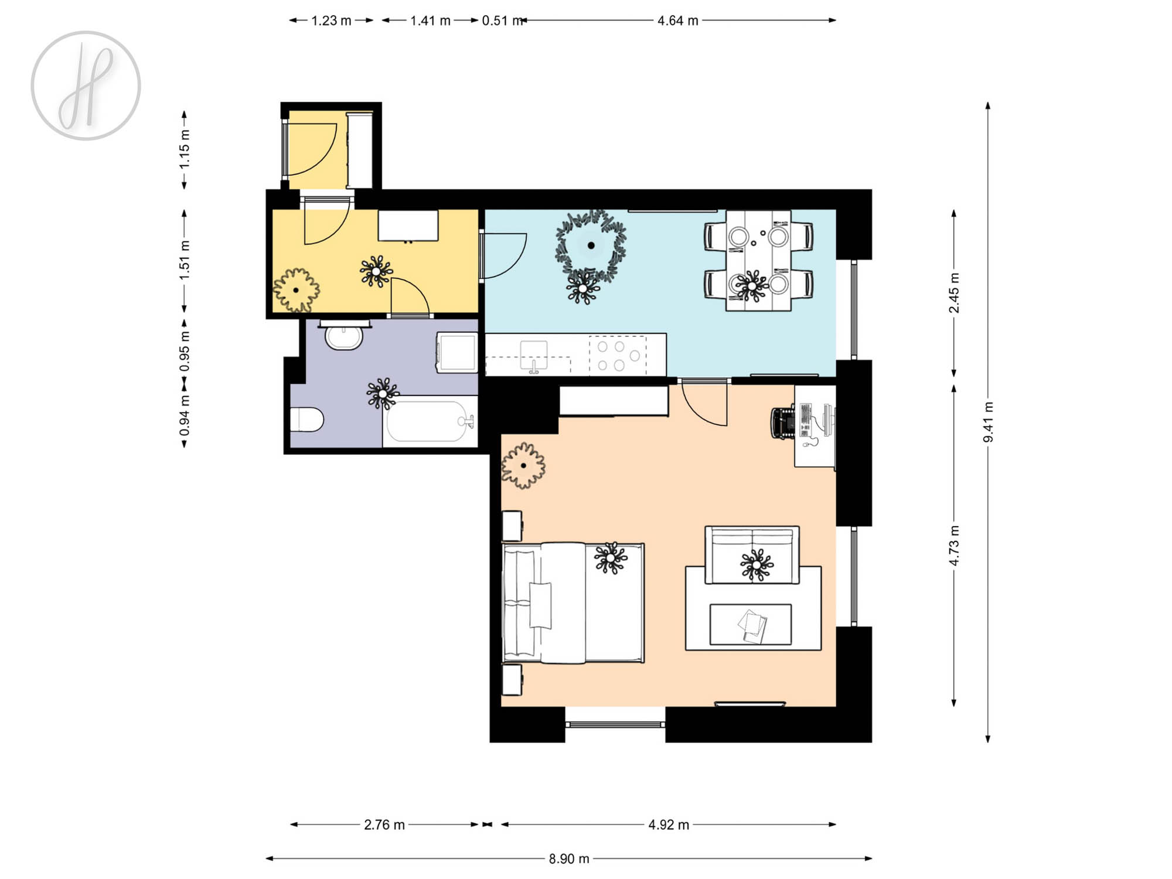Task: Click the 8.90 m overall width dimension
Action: click(568, 859)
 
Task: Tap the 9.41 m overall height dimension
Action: click(989, 422)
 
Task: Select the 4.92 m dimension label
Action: click(669, 825)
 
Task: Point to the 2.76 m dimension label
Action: click(384, 825)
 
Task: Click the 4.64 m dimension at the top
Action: click(678, 21)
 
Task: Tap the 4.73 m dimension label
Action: click(954, 546)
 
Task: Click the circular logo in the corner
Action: click(86, 86)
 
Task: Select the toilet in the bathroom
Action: click(307, 420)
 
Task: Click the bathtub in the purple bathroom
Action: click(430, 421)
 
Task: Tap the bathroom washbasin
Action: click(344, 337)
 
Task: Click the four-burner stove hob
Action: click(618, 355)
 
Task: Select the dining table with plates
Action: click(758, 260)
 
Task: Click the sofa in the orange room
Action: click(752, 555)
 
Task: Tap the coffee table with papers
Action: click(751, 625)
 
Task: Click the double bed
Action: click(574, 603)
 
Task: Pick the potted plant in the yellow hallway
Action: click(297, 290)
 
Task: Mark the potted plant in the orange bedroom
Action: click(523, 466)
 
